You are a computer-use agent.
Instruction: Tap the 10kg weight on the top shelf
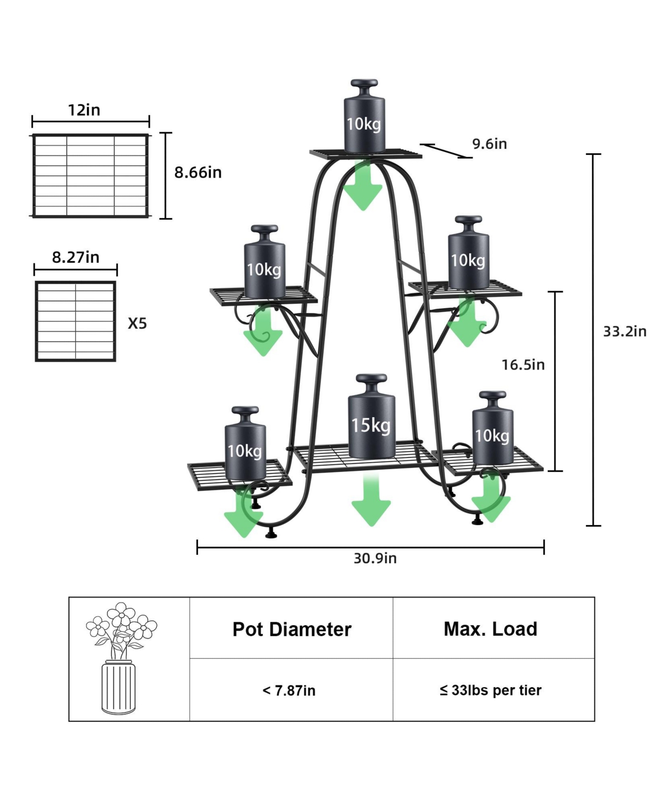pyautogui.click(x=364, y=116)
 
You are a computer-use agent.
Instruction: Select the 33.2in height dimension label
pyautogui.click(x=624, y=331)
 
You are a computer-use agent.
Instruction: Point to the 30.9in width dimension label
pyautogui.click(x=375, y=558)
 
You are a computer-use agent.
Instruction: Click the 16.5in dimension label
pyautogui.click(x=523, y=365)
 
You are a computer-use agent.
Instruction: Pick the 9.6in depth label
pyautogui.click(x=489, y=144)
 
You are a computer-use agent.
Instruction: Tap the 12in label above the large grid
pyautogui.click(x=84, y=110)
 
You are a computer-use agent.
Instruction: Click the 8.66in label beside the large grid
pyautogui.click(x=198, y=172)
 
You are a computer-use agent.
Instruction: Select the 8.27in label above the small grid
pyautogui.click(x=75, y=257)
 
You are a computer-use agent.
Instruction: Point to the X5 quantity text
pyautogui.click(x=137, y=324)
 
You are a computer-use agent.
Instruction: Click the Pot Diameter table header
pyautogui.click(x=292, y=630)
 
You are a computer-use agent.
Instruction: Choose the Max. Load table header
pyautogui.click(x=490, y=629)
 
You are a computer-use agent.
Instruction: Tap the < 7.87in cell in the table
pyautogui.click(x=289, y=690)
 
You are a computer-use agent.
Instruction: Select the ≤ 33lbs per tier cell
pyautogui.click(x=490, y=690)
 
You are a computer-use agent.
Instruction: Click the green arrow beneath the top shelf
pyautogui.click(x=363, y=185)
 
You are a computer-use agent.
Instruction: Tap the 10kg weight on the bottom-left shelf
pyautogui.click(x=245, y=443)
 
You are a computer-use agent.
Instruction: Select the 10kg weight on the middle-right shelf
pyautogui.click(x=468, y=252)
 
